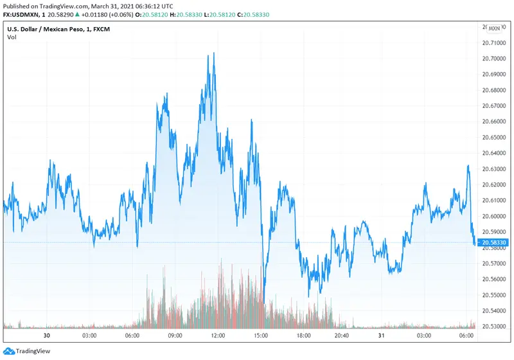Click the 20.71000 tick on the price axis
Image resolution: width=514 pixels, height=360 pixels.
[x=493, y=43]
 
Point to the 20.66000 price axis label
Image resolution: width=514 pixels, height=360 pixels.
[x=493, y=122]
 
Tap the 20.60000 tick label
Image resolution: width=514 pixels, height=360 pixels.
[x=493, y=216]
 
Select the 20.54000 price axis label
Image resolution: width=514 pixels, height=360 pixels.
[x=493, y=310]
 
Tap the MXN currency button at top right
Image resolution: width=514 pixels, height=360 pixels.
[x=494, y=28]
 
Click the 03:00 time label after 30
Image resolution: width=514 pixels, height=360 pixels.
[x=89, y=336]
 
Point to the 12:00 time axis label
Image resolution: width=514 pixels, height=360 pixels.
[x=218, y=336]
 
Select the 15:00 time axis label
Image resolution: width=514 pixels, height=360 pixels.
[x=260, y=336]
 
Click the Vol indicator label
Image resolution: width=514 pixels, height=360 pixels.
[x=12, y=37]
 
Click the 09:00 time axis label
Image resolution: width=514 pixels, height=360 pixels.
[x=175, y=336]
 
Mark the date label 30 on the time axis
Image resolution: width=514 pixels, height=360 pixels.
[x=46, y=336]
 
